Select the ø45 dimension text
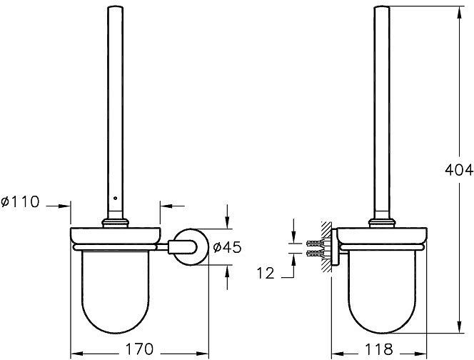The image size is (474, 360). [225, 248]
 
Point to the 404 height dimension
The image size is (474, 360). [459, 170]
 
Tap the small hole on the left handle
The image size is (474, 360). [114, 196]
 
